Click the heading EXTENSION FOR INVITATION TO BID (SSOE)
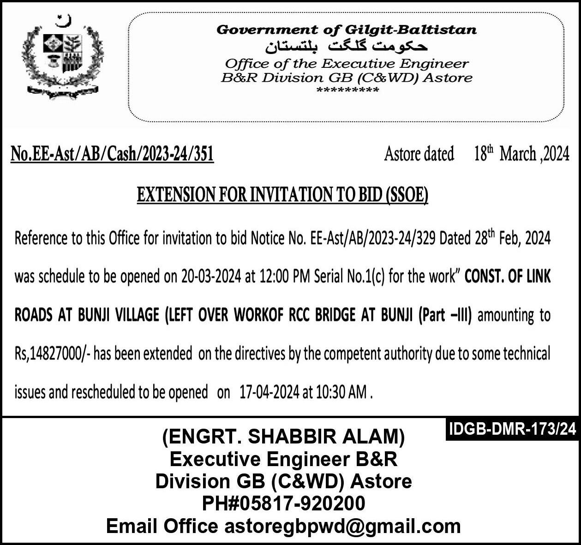(282, 195)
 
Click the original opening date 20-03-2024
(211, 276)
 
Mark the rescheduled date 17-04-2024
(270, 392)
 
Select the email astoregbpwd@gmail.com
(342, 526)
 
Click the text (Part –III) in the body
(444, 316)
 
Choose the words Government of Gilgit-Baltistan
(347, 30)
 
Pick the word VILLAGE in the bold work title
(137, 316)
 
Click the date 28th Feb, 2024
(512, 238)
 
